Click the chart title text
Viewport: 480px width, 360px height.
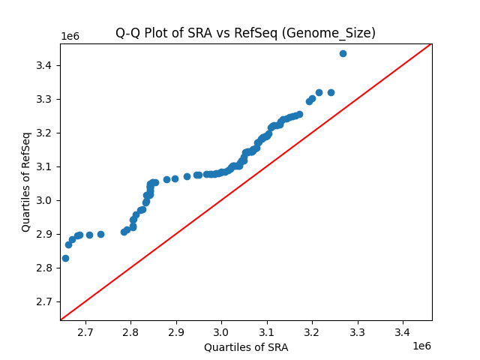point(245,33)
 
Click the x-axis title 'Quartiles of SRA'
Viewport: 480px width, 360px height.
point(246,347)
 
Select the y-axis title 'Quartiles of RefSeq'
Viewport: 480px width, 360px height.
point(26,181)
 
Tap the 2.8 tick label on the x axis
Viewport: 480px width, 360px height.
point(130,332)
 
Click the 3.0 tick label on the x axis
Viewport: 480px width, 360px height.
point(221,332)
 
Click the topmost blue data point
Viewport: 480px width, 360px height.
point(343,53)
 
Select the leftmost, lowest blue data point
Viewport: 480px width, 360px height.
point(65,258)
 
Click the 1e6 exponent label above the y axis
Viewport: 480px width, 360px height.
point(70,37)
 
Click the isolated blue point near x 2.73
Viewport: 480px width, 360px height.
point(100,234)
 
